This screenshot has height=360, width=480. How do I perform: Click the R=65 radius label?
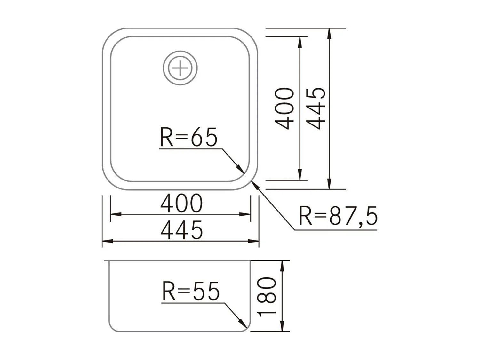click(188, 137)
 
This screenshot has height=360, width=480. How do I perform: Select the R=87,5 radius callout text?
click(338, 216)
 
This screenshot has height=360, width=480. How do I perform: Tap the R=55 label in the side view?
click(191, 291)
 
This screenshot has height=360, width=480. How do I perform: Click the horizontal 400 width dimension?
click(181, 204)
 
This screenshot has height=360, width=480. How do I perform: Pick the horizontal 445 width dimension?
click(181, 230)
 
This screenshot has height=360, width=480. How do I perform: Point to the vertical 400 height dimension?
click(284, 108)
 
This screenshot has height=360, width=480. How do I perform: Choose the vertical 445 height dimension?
click(316, 108)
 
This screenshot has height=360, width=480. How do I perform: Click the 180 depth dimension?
click(267, 297)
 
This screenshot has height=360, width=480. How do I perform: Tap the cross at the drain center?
click(180, 68)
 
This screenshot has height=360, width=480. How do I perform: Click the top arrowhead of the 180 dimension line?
click(282, 264)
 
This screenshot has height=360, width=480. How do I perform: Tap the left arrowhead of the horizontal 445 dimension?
click(106, 241)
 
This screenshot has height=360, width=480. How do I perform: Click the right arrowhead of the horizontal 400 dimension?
click(247, 214)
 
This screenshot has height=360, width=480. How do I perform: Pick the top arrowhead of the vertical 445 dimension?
click(329, 32)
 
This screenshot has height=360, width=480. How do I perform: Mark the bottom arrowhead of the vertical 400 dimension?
click(300, 177)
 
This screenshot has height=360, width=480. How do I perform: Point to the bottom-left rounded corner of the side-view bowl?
click(112, 328)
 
